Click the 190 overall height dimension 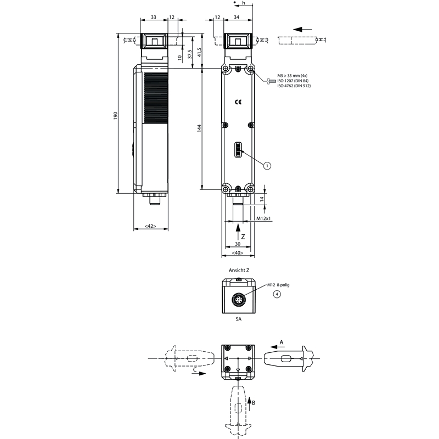[x=116, y=116]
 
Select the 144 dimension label [x=199, y=128]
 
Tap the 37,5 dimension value [x=190, y=54]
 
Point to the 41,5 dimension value [x=199, y=52]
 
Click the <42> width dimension [x=150, y=226]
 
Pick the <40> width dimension [x=238, y=253]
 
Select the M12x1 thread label [x=264, y=218]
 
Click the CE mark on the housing [x=238, y=102]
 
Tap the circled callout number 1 [x=267, y=166]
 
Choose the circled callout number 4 [x=277, y=294]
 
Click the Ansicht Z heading [x=239, y=270]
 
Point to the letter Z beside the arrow [x=243, y=237]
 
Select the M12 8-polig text [x=278, y=285]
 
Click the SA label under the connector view [x=238, y=319]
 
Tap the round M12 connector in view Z [x=238, y=300]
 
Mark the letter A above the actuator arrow [x=282, y=342]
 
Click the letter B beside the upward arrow [x=254, y=403]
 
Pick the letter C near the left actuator [x=195, y=369]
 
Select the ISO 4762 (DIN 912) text [x=294, y=86]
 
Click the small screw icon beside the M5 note [x=271, y=81]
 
